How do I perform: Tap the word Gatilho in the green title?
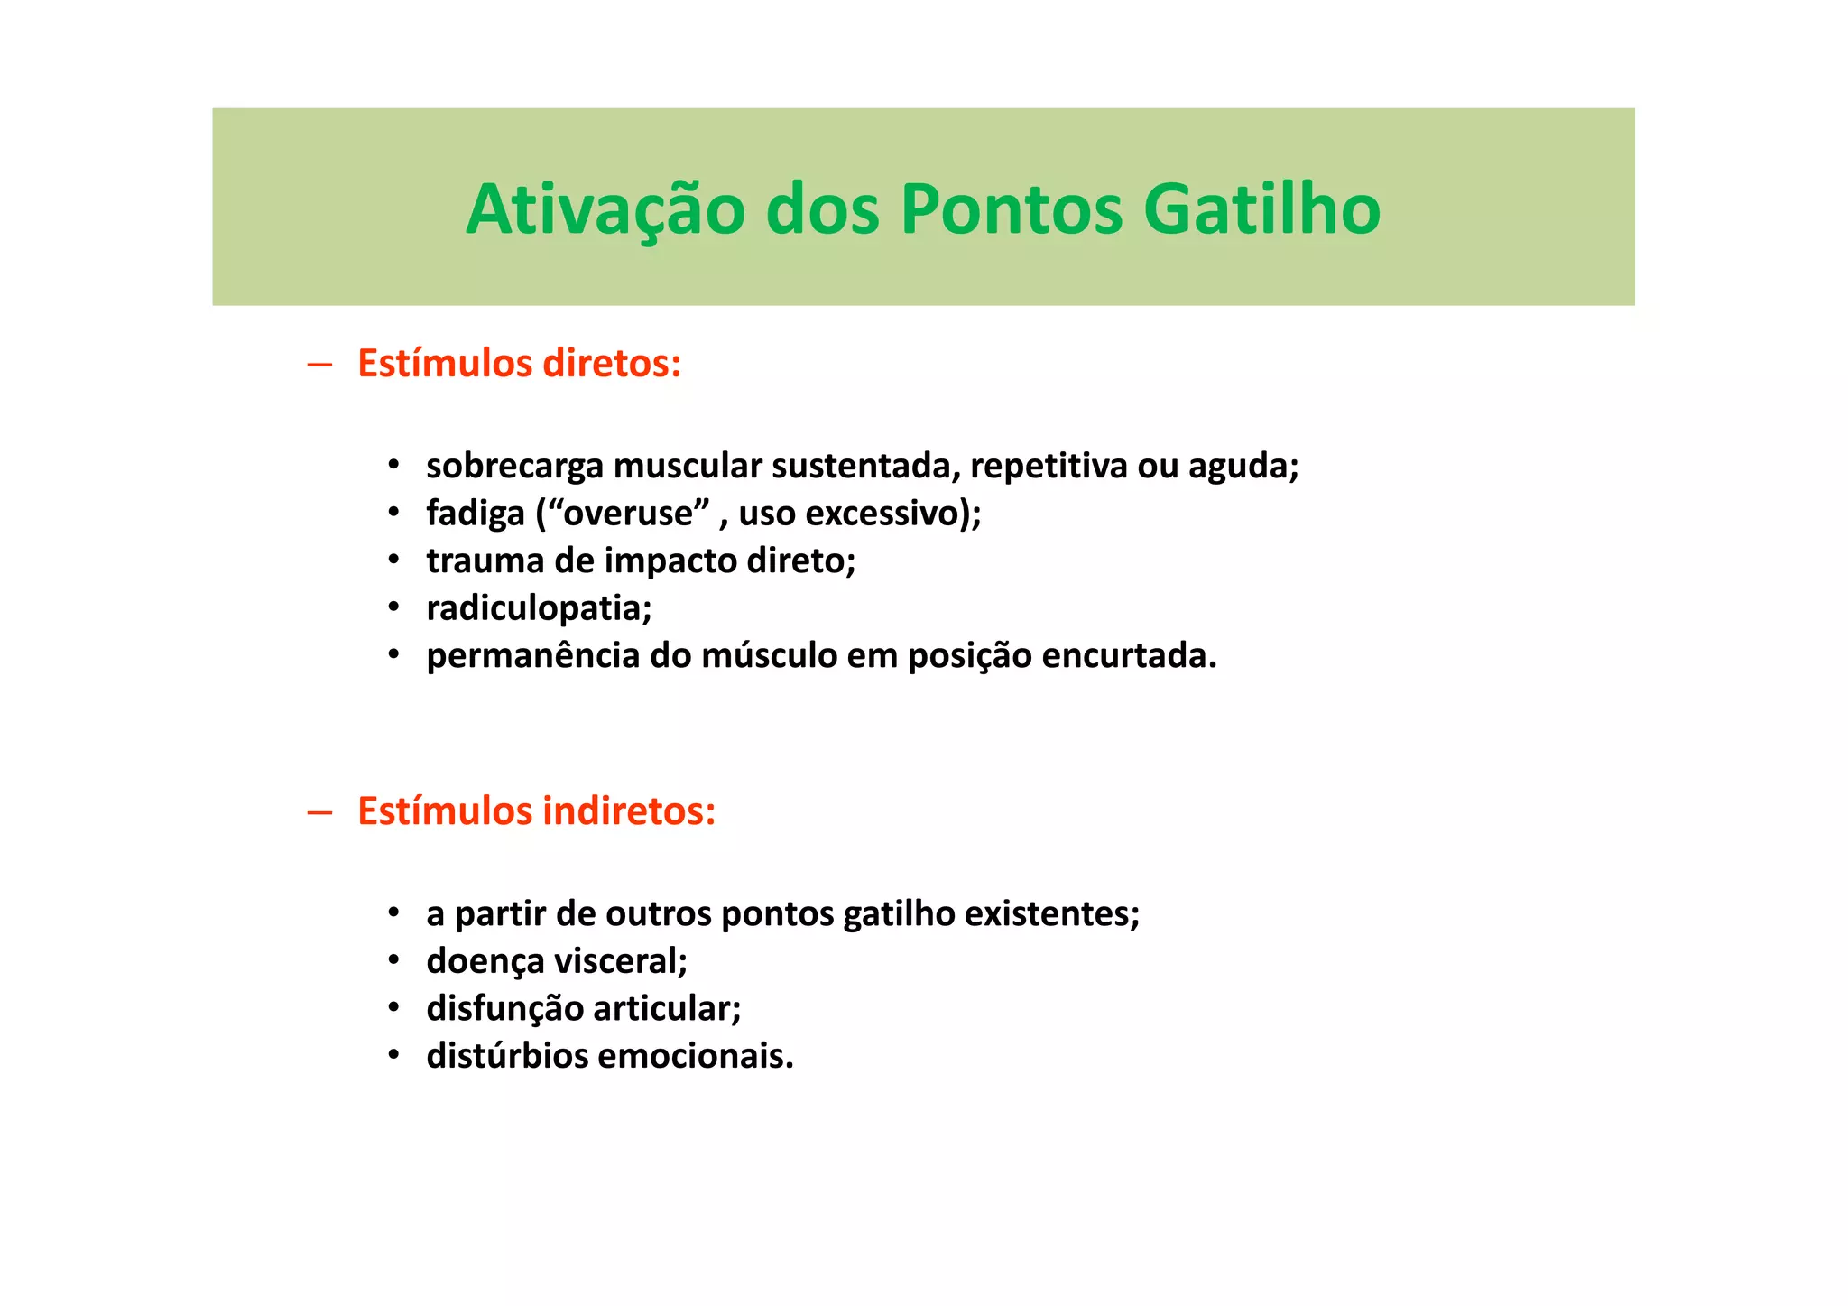point(1261,209)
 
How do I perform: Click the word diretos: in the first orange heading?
point(611,363)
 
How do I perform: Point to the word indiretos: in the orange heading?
point(629,810)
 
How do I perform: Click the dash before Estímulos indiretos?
point(319,812)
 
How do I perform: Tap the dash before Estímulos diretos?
point(319,366)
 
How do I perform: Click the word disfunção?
point(504,1008)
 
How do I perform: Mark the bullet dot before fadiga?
point(393,513)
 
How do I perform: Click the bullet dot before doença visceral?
point(393,960)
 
